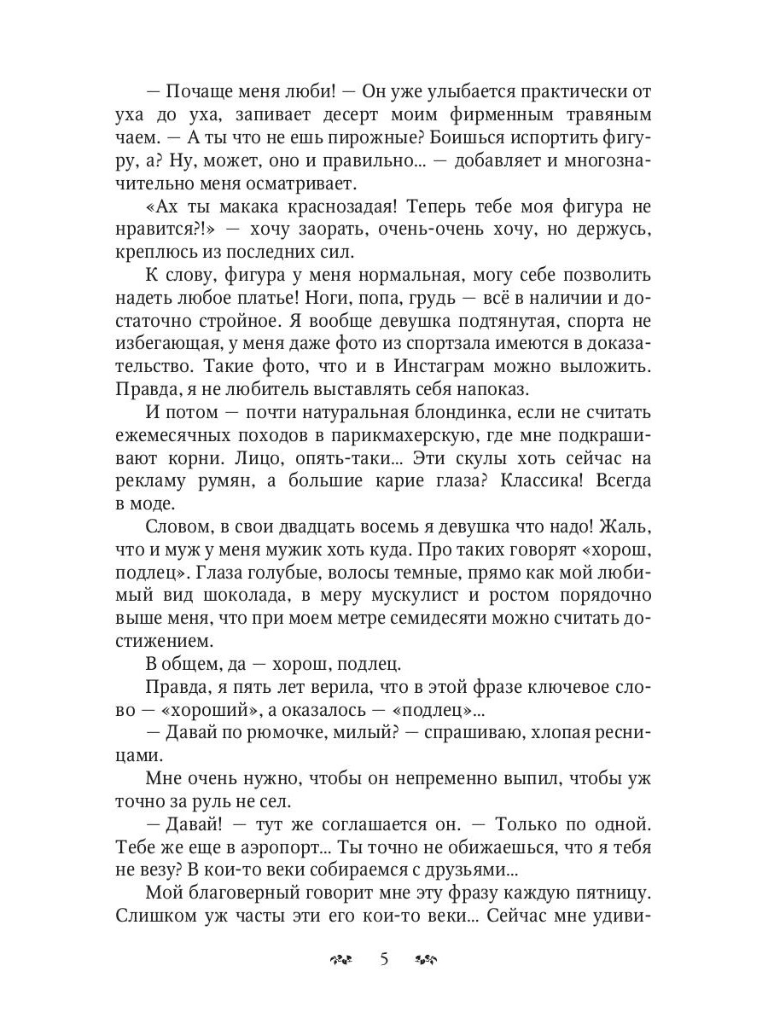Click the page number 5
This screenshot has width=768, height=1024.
pyautogui.click(x=383, y=959)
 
